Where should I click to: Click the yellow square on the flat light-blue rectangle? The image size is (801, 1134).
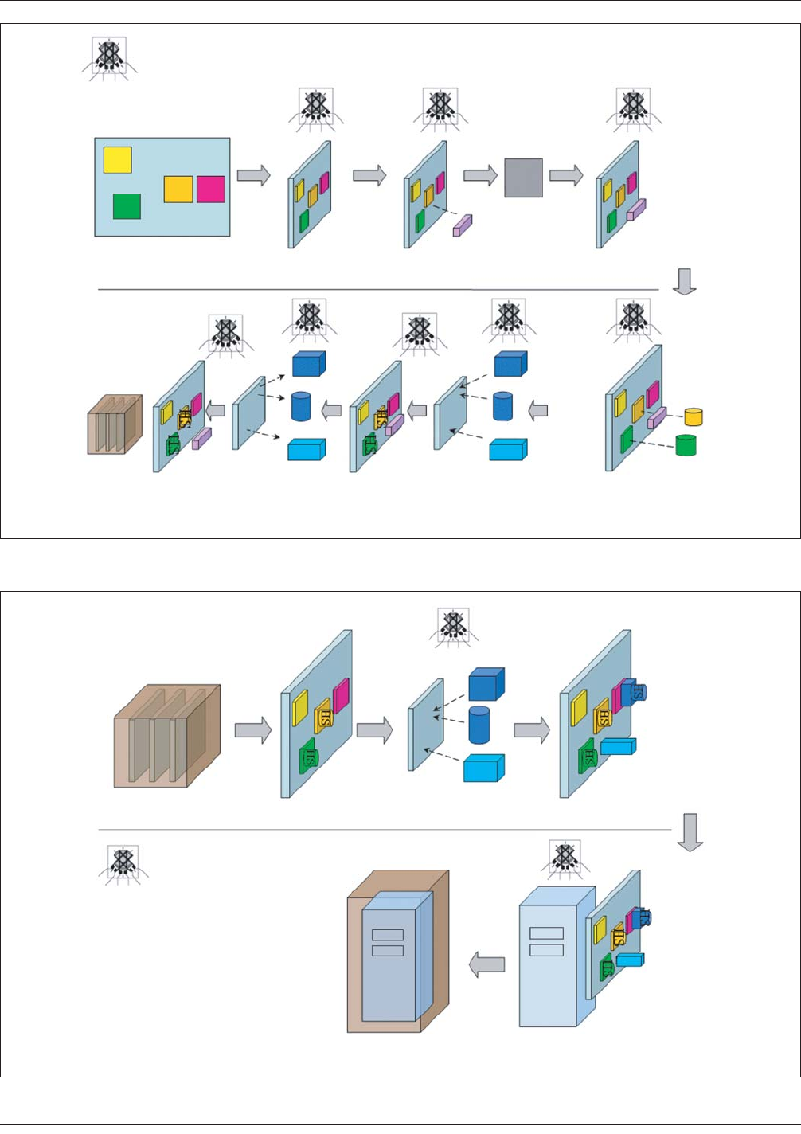[x=117, y=160]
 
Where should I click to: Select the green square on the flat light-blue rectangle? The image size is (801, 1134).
[x=127, y=206]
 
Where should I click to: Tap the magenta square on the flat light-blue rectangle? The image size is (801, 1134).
[x=211, y=189]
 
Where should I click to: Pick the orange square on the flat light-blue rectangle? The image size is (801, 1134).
[x=178, y=189]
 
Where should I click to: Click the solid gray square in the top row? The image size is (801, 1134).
[x=523, y=177]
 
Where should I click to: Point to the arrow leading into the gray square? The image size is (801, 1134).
[x=480, y=175]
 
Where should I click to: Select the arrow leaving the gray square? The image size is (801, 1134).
[x=566, y=175]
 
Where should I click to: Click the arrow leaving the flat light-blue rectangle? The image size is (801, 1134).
[x=254, y=175]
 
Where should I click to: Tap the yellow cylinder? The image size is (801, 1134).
[x=694, y=416]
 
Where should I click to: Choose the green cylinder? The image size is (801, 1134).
[x=686, y=444]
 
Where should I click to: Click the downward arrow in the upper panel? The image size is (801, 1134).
[x=684, y=280]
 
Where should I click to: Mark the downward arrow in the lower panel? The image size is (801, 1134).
[x=690, y=831]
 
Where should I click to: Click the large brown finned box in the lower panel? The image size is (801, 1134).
[x=166, y=736]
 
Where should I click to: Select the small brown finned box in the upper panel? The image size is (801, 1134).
[x=114, y=424]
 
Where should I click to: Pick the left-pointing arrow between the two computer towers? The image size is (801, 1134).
[x=486, y=964]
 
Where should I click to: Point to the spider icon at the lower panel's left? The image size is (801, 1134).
[x=123, y=865]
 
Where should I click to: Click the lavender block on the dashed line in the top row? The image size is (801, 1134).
[x=463, y=225]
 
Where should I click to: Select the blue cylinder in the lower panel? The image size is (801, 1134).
[x=479, y=725]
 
